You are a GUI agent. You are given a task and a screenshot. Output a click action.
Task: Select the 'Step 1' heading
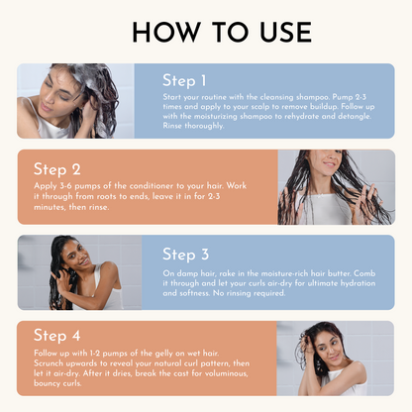coord(185,80)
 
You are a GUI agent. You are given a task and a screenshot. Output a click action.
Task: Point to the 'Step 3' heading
coord(185,255)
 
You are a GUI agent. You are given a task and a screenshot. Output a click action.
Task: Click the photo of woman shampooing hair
coord(75,101)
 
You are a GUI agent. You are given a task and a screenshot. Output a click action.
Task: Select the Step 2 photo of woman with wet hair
coord(335,187)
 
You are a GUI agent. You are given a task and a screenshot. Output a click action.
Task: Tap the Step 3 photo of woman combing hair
coord(79,272)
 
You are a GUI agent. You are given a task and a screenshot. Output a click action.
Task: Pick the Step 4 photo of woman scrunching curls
coord(335,358)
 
